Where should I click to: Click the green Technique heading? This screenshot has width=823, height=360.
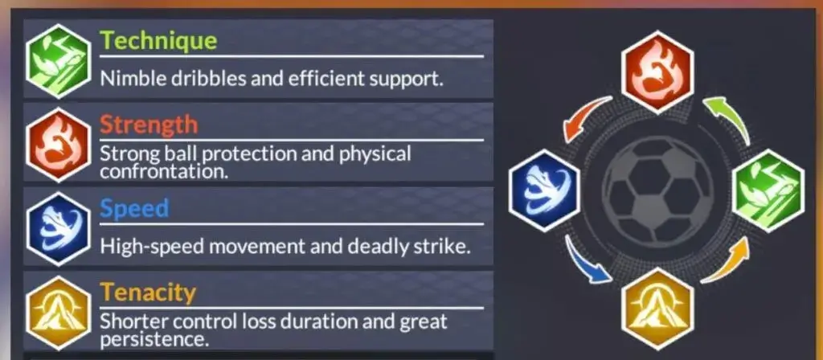(158, 40)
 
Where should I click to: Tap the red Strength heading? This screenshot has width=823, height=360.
(149, 125)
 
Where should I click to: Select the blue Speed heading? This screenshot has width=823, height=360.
(134, 208)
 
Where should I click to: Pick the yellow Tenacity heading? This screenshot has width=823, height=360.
(148, 292)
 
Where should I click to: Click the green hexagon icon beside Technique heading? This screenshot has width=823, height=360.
(58, 61)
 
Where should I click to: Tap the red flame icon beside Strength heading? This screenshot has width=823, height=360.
(58, 145)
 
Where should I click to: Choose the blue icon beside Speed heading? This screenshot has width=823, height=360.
(58, 229)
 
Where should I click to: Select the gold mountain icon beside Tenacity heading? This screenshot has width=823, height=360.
(58, 313)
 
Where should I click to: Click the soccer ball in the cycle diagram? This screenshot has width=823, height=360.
(657, 190)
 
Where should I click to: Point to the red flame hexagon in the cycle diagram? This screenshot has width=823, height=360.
(657, 72)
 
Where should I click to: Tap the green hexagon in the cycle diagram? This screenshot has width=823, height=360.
(768, 190)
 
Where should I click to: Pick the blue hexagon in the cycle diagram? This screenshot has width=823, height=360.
(545, 190)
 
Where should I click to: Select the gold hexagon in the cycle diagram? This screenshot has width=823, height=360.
(657, 309)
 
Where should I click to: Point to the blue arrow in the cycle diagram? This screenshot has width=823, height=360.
(583, 263)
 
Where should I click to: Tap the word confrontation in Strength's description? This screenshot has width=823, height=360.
(164, 171)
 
